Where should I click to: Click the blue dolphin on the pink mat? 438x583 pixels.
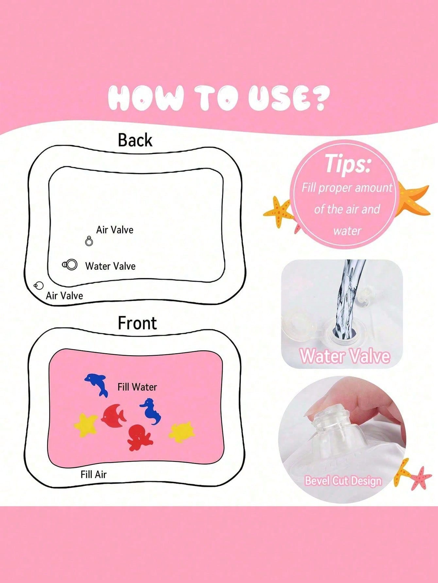coord(96,384)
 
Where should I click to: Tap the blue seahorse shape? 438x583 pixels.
coord(151,411)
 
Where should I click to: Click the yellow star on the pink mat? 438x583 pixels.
coord(86,425)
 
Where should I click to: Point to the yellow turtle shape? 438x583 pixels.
coord(182,431)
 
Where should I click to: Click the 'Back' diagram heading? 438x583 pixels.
coord(135,140)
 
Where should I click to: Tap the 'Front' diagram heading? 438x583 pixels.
coord(137,323)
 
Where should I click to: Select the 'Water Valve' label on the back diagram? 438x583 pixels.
coord(110,266)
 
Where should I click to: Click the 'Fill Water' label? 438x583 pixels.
coord(137,387)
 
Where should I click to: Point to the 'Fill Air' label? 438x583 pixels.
coord(93,474)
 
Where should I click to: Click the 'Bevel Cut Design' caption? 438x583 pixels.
coord(343,481)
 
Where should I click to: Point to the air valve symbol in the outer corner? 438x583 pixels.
coord(39,286)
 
